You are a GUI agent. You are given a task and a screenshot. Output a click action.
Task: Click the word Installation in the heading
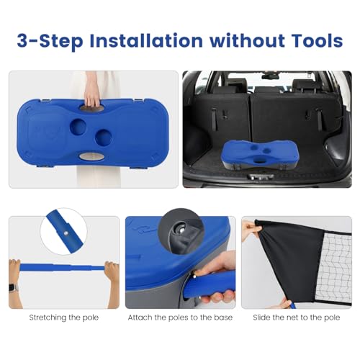pyautogui.click(x=146, y=40)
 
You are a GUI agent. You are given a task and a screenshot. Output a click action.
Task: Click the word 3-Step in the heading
pyautogui.click(x=50, y=42)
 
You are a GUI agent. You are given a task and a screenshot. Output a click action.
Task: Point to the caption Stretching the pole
pyautogui.click(x=64, y=318)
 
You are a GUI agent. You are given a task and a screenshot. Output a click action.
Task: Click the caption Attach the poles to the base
pyautogui.click(x=180, y=318)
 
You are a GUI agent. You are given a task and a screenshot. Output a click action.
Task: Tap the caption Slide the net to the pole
pyautogui.click(x=297, y=318)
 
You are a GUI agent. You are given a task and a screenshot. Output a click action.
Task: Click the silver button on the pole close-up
pyautogui.click(x=66, y=232)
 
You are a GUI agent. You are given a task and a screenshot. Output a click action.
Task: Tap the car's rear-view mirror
pyautogui.click(x=271, y=76)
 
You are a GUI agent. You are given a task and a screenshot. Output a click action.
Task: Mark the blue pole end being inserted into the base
pyautogui.click(x=210, y=285)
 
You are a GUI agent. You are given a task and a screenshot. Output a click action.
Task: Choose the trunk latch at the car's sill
pyautogui.click(x=261, y=177)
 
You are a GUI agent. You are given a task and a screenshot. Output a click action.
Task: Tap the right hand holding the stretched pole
pyautogui.click(x=112, y=272)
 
